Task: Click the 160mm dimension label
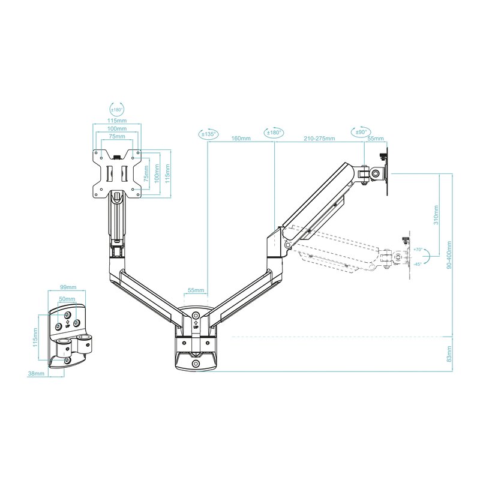241,139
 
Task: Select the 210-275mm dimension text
319,139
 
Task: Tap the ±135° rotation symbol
208,134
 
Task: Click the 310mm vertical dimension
436,214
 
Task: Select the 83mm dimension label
449,355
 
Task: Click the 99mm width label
68,287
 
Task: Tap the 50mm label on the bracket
68,298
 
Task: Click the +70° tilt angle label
418,249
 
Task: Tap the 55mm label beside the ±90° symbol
376,139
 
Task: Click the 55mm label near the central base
196,290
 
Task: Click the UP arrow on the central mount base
196,325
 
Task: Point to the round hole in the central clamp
196,364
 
